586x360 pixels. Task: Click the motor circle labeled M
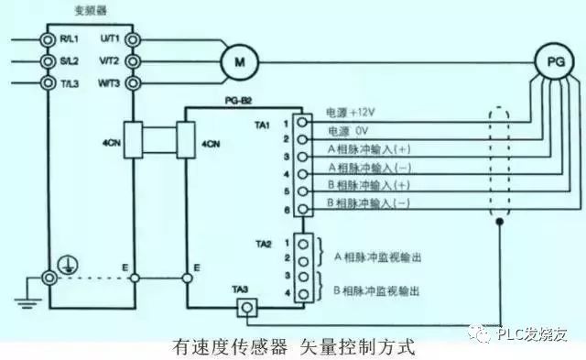click(x=241, y=61)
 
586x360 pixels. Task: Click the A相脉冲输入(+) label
click(x=364, y=153)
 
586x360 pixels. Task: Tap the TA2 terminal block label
click(x=263, y=243)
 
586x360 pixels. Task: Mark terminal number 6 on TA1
click(x=286, y=210)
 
